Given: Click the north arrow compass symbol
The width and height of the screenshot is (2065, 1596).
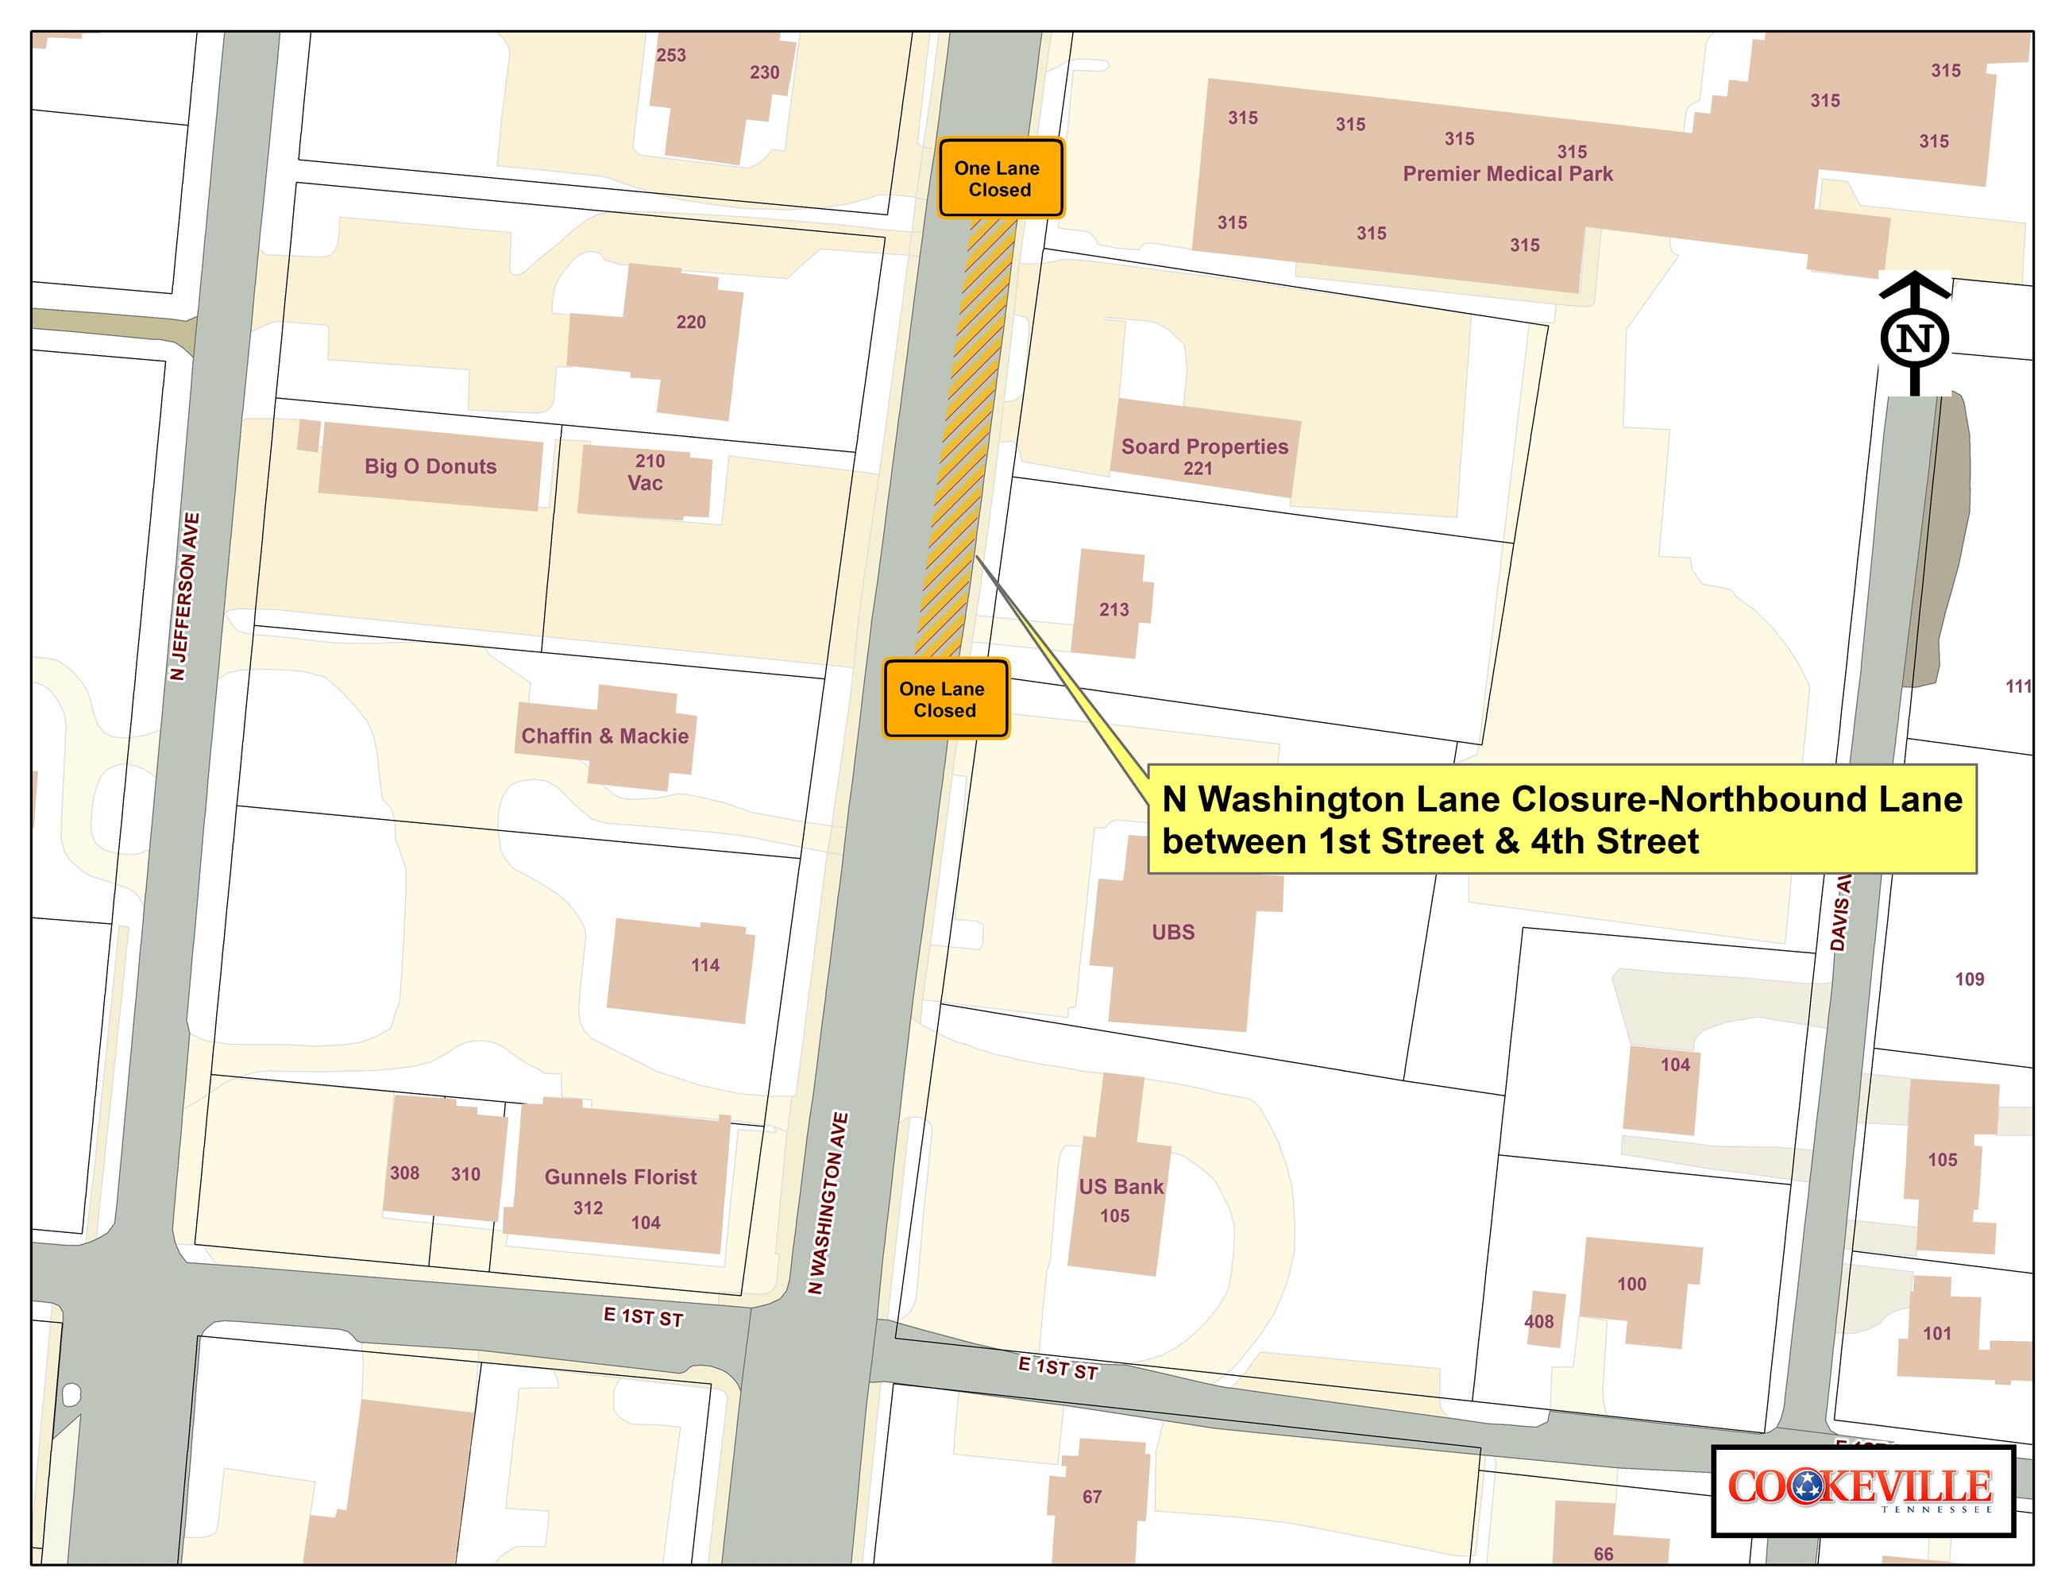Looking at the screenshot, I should coord(1915,336).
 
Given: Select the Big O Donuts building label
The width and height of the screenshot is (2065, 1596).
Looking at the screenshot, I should coord(430,466).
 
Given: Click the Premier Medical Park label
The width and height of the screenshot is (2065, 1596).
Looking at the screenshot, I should coord(1507,174).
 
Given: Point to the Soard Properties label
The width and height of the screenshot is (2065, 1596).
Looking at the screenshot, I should coord(1203,446).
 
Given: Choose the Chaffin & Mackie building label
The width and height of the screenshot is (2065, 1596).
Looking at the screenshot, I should coord(605,736).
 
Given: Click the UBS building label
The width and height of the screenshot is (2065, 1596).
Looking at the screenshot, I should coord(1172,933).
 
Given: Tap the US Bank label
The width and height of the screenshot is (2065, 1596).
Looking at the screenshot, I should coord(1121,1187).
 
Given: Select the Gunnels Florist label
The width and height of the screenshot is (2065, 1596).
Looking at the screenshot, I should coord(620,1177).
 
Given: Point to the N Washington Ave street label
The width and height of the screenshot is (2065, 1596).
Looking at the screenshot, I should coord(828,1203).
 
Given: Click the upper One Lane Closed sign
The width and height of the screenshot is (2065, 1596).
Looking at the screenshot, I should coord(999,179).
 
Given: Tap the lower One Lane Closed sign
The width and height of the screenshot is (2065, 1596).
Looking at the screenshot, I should coord(944,699).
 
